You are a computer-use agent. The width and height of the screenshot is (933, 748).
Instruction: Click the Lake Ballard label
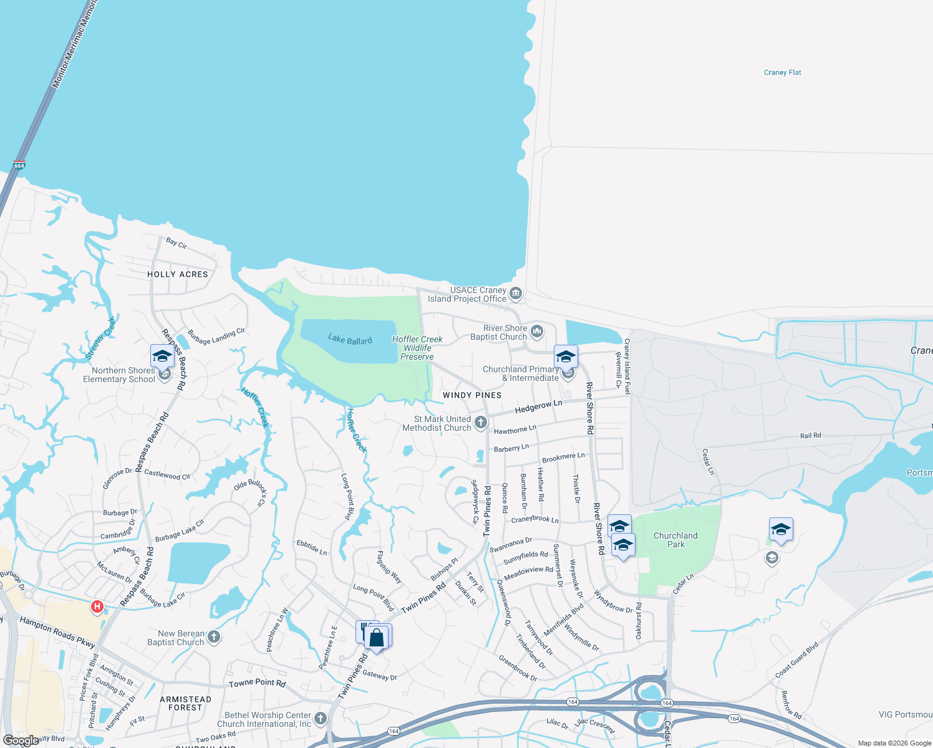pyautogui.click(x=350, y=340)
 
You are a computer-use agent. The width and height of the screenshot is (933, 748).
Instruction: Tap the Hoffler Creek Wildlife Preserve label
pyautogui.click(x=417, y=348)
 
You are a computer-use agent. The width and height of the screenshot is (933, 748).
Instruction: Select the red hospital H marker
pyautogui.click(x=97, y=606)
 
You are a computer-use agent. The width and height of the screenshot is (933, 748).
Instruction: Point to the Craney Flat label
pyautogui.click(x=782, y=72)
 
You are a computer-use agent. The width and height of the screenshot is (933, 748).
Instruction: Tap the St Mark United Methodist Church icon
pyautogui.click(x=480, y=423)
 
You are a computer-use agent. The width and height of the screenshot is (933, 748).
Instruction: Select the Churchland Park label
pyautogui.click(x=675, y=540)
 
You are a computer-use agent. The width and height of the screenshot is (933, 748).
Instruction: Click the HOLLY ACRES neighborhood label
pyautogui.click(x=178, y=274)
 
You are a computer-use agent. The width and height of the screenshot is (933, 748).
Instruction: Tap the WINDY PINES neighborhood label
pyautogui.click(x=471, y=395)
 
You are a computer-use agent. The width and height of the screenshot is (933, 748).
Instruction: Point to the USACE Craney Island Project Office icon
pyautogui.click(x=515, y=293)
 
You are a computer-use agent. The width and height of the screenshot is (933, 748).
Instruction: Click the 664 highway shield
pyautogui.click(x=19, y=166)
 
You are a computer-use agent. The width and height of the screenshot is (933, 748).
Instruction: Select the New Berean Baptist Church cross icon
pyautogui.click(x=213, y=636)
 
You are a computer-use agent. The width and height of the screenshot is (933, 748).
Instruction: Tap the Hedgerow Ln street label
pyautogui.click(x=538, y=406)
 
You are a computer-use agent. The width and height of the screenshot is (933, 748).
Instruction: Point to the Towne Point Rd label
pyautogui.click(x=257, y=683)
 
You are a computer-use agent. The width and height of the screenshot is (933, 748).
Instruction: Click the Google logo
pyautogui.click(x=21, y=741)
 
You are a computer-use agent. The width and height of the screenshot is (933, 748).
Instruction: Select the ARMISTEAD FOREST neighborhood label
pyautogui.click(x=185, y=703)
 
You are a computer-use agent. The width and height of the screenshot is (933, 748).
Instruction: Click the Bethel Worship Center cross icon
pyautogui.click(x=321, y=718)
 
